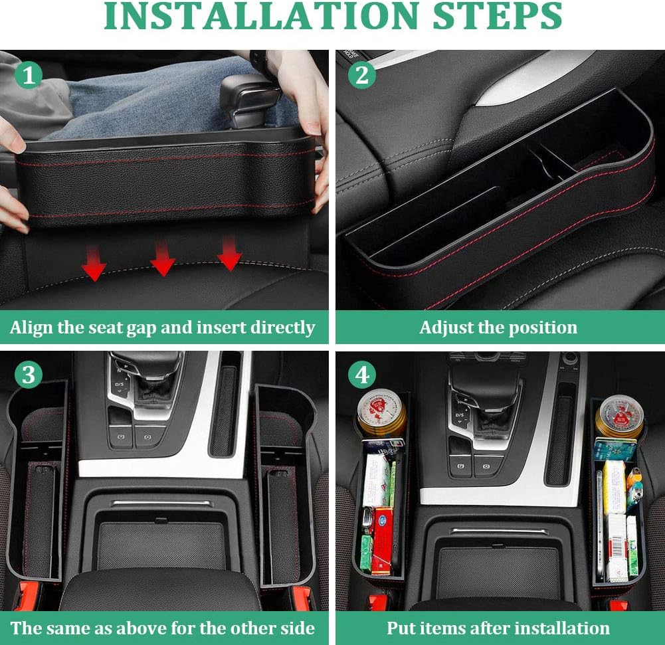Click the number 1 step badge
coord(28,76)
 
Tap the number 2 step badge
coord(361,75)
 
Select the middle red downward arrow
coord(162,260)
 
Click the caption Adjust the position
coord(498,327)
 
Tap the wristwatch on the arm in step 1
coord(258,64)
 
